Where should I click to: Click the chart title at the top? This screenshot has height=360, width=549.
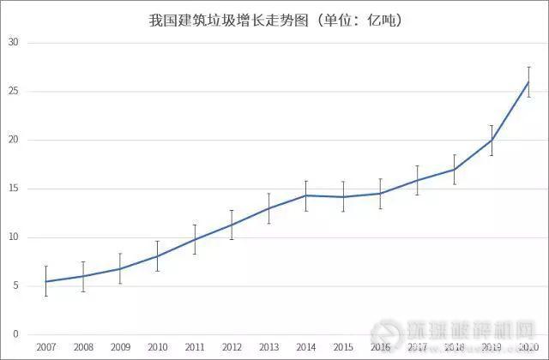tap(274, 18)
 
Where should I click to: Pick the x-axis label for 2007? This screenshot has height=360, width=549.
tap(45, 347)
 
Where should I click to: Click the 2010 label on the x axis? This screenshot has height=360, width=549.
tap(157, 347)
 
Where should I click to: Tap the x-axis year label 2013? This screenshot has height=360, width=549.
tap(268, 347)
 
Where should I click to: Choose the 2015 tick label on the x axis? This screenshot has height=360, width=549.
tap(343, 347)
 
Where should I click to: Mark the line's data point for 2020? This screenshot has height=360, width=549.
tap(528, 81)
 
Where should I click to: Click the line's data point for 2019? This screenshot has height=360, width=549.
tap(492, 140)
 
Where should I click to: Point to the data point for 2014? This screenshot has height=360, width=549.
tap(305, 195)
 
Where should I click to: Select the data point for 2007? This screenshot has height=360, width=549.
tap(45, 281)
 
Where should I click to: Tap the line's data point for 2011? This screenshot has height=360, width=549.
tap(194, 239)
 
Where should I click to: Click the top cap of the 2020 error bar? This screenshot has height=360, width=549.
tap(528, 67)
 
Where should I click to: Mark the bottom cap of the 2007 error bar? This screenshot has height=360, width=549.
tap(45, 296)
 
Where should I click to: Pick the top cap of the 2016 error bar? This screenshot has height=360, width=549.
tap(380, 179)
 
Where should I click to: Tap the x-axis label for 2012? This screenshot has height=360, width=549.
tap(232, 347)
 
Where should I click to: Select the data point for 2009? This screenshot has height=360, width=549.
tap(120, 268)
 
